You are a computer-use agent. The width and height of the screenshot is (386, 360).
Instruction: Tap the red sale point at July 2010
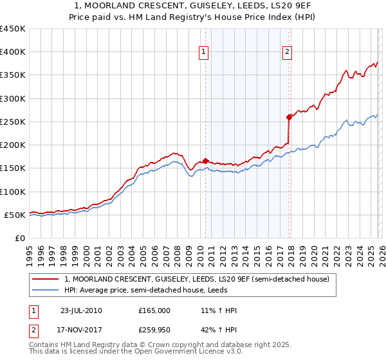click(x=205, y=161)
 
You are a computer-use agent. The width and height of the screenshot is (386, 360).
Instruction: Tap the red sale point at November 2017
click(x=289, y=117)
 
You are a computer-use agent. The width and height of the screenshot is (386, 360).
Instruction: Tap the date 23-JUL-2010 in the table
click(x=81, y=310)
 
